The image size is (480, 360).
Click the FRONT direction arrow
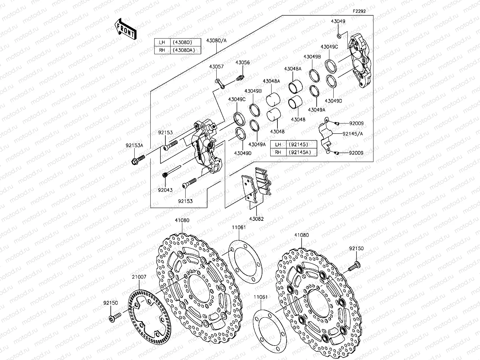(125, 29)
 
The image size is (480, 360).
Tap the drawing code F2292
(359, 11)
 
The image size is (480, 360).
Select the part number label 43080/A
(216, 41)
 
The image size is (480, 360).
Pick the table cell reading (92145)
(301, 144)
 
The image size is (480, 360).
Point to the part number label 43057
(216, 67)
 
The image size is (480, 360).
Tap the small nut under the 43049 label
(339, 36)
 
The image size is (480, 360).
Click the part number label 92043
(165, 190)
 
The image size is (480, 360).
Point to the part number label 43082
(256, 219)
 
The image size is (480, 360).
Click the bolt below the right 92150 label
(354, 266)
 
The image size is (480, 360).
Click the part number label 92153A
(135, 145)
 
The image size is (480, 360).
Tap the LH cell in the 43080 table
(162, 42)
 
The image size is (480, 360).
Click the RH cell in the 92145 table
(278, 152)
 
